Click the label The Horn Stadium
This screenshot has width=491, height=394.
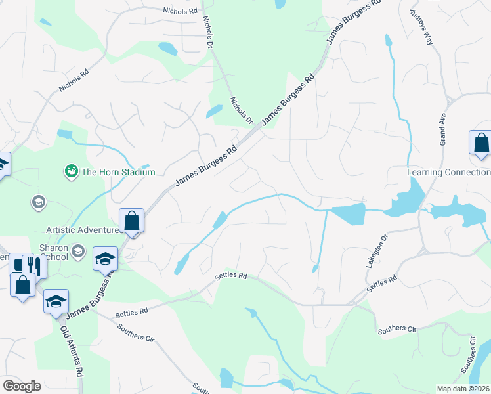pos(118,172)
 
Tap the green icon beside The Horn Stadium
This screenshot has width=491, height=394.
pos(71,171)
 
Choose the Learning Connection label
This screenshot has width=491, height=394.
pos(448,172)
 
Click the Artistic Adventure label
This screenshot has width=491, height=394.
pos(83,230)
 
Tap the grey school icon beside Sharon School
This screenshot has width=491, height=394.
pos(78,250)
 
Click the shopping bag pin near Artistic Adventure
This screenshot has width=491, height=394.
pos(131,221)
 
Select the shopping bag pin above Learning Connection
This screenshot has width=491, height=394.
pos(480,143)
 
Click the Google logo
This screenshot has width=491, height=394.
pos(22,385)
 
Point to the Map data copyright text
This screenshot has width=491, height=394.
pos(463,389)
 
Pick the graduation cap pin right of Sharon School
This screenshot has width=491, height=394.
pos(105,259)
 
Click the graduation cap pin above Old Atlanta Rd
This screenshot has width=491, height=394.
pos(56,301)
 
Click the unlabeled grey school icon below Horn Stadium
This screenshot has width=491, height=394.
pos(38,202)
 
